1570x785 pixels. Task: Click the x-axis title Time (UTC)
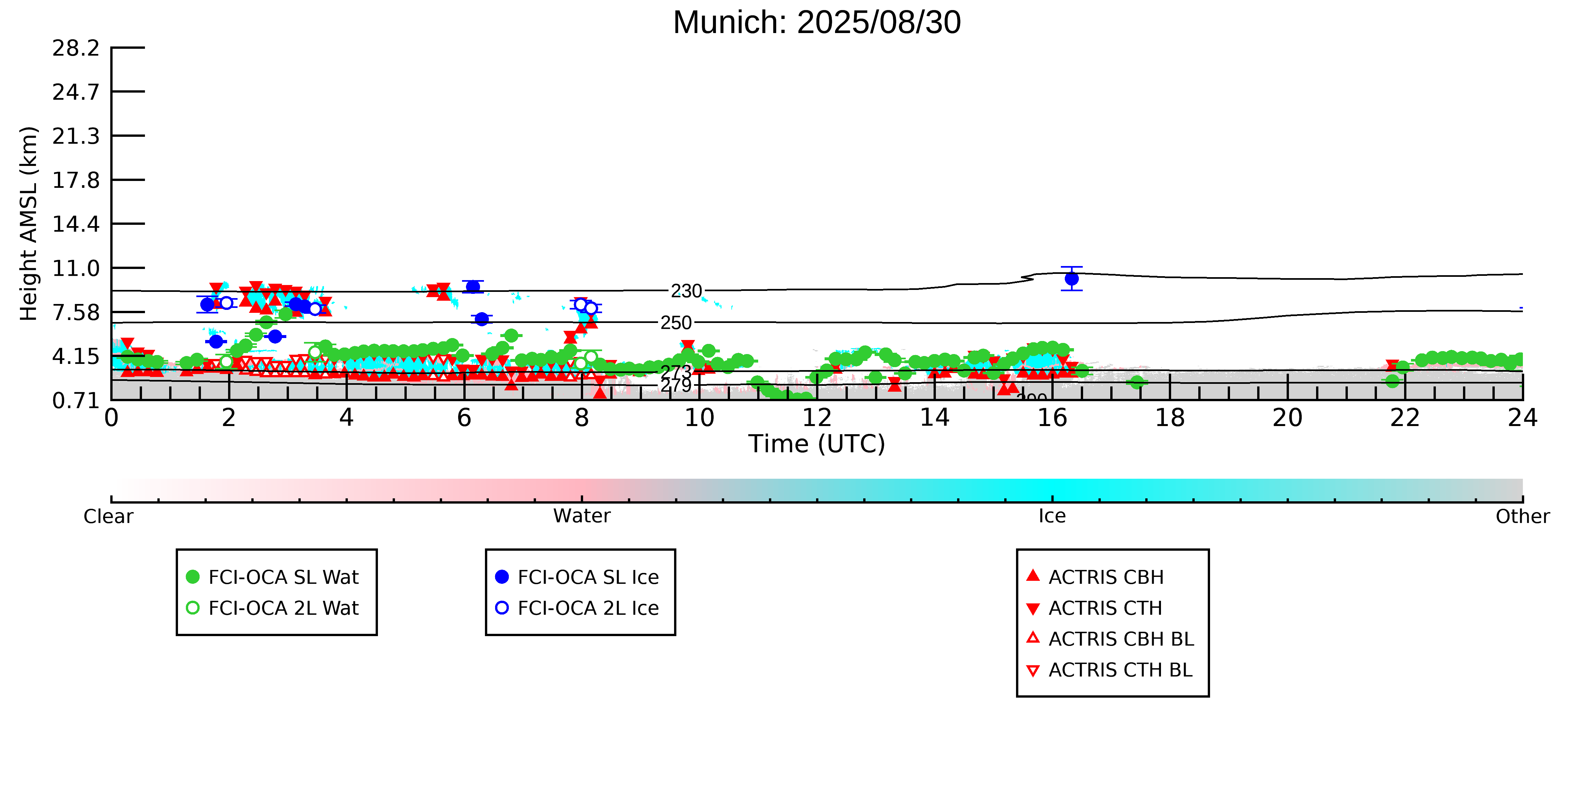tap(817, 444)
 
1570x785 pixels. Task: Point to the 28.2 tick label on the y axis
tap(76, 48)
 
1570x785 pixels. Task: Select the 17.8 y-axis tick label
tap(76, 180)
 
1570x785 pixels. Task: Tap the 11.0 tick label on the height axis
tap(76, 268)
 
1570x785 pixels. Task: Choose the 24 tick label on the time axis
tap(1523, 418)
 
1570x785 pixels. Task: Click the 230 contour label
tap(686, 291)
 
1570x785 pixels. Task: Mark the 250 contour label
tap(676, 323)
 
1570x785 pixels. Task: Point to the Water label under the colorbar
tap(581, 516)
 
